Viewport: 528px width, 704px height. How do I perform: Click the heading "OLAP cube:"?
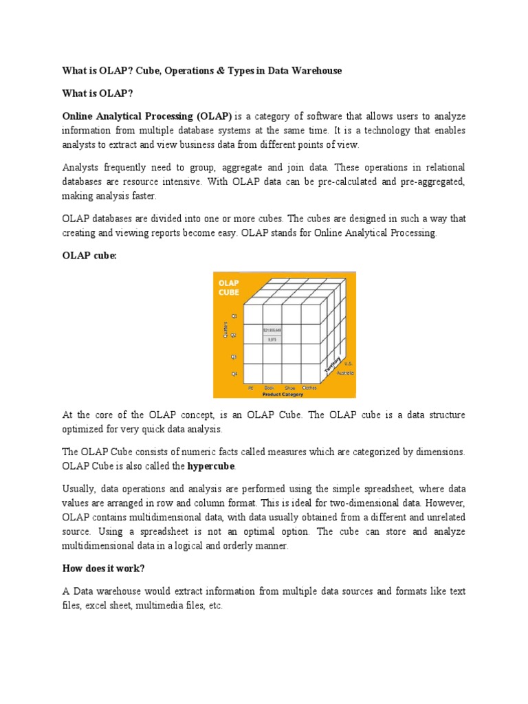89,255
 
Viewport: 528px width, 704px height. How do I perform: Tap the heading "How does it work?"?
104,570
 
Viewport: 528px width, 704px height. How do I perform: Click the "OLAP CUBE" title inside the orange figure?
229,287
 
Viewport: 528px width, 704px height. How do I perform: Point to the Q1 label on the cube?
234,316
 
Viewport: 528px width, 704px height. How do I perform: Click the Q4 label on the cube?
234,374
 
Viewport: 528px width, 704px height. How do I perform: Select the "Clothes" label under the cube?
309,388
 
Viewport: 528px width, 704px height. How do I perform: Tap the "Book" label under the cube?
269,388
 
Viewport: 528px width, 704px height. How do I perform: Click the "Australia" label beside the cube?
345,373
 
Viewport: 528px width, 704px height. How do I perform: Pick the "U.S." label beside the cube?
349,364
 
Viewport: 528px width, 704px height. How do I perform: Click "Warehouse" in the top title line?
317,71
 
